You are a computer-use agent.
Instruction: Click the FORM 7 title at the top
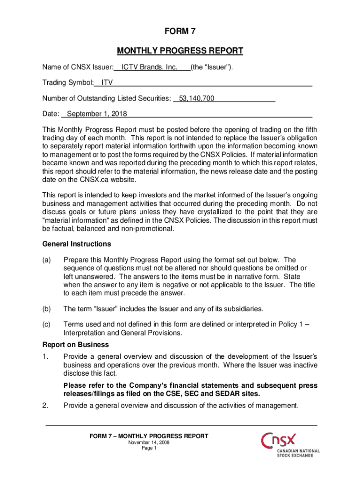click(x=180, y=32)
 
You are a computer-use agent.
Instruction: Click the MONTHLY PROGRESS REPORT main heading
click(x=180, y=51)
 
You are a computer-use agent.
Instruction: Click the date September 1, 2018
click(x=97, y=114)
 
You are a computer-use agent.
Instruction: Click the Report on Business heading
click(x=69, y=345)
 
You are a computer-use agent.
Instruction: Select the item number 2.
click(x=45, y=405)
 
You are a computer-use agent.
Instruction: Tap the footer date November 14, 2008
click(x=149, y=443)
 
